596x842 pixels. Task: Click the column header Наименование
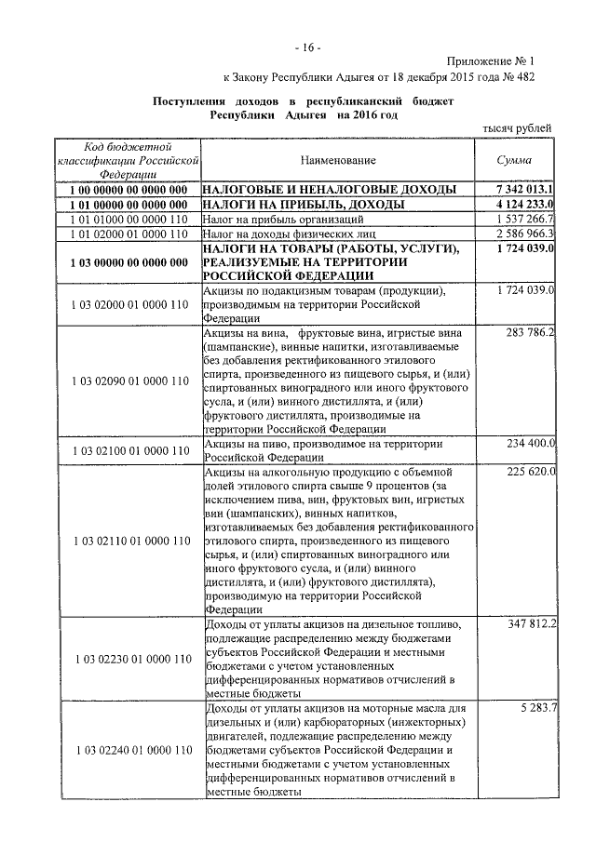(x=338, y=161)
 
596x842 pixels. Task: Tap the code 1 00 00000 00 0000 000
(x=129, y=189)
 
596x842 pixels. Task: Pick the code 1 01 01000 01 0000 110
(x=129, y=219)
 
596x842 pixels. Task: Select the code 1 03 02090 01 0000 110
(x=129, y=381)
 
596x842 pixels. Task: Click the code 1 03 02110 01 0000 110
(x=129, y=541)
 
